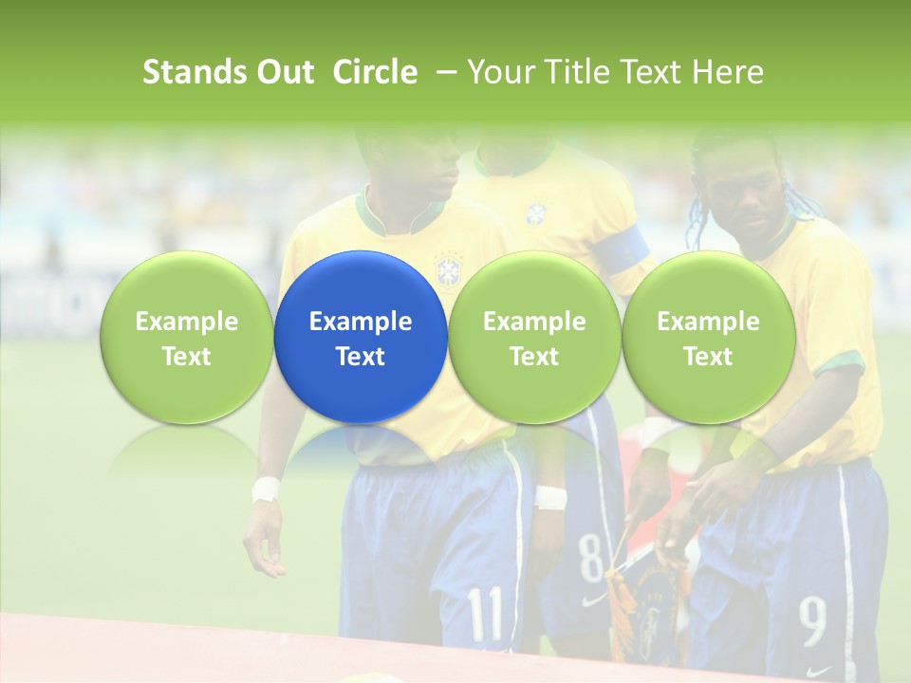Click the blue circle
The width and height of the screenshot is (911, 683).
[361, 338]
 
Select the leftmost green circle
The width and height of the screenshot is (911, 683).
[186, 338]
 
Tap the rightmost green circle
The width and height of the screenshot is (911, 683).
[708, 338]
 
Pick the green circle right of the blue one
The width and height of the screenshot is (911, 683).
[534, 338]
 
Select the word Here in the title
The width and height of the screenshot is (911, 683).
[728, 72]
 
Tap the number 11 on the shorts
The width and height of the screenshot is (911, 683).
[486, 614]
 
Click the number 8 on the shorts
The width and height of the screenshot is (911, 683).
[590, 555]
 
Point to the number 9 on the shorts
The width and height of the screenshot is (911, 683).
[811, 621]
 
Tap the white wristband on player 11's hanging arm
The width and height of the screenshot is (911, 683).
[266, 489]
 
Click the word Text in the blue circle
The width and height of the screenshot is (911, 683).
[361, 357]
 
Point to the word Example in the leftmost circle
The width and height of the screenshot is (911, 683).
[186, 322]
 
